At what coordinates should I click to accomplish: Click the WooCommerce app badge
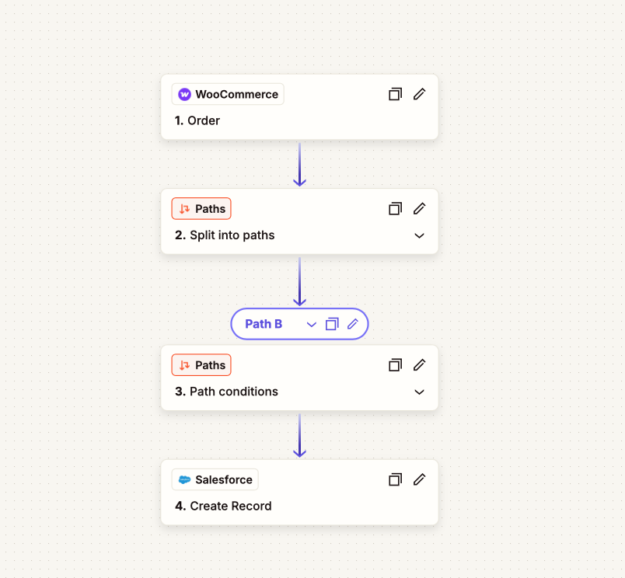coord(228,94)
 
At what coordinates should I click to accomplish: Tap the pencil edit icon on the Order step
coord(419,94)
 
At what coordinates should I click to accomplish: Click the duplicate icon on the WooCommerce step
coord(395,94)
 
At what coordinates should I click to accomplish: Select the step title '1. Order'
coord(197,120)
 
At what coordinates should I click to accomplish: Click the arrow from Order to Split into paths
coord(300,165)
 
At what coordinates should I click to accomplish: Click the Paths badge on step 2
coord(201,208)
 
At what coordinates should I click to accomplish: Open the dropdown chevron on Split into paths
coord(419,235)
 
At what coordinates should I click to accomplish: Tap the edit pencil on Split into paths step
coord(419,208)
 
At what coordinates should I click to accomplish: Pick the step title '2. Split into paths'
coord(225,235)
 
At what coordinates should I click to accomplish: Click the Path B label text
coord(264,324)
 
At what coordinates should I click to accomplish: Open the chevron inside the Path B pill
coord(311,325)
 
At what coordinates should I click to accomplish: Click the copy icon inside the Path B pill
coord(332,324)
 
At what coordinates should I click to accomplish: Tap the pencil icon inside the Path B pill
coord(353,324)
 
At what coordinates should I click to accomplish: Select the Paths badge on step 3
coord(201,365)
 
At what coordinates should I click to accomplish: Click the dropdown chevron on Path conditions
coord(419,392)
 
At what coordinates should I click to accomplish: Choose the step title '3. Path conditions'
coord(226,392)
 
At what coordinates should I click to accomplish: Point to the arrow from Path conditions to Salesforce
coord(300,435)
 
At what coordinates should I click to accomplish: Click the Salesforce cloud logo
coord(184,479)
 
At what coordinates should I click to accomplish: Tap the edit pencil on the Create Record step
coord(419,479)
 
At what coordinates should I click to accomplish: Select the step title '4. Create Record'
coord(223,506)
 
